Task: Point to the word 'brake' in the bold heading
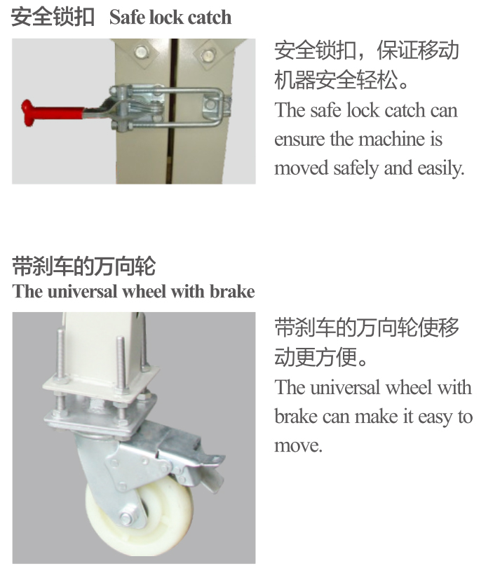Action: pyautogui.click(x=233, y=291)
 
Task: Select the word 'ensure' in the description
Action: pyautogui.click(x=299, y=140)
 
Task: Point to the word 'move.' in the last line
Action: pyautogui.click(x=298, y=446)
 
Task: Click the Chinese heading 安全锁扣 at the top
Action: pyautogui.click(x=53, y=17)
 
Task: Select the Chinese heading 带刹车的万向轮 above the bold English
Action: pyautogui.click(x=83, y=266)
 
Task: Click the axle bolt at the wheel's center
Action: pyautogui.click(x=127, y=518)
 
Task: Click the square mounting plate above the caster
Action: pyautogui.click(x=101, y=384)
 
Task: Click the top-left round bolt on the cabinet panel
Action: pyautogui.click(x=141, y=52)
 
